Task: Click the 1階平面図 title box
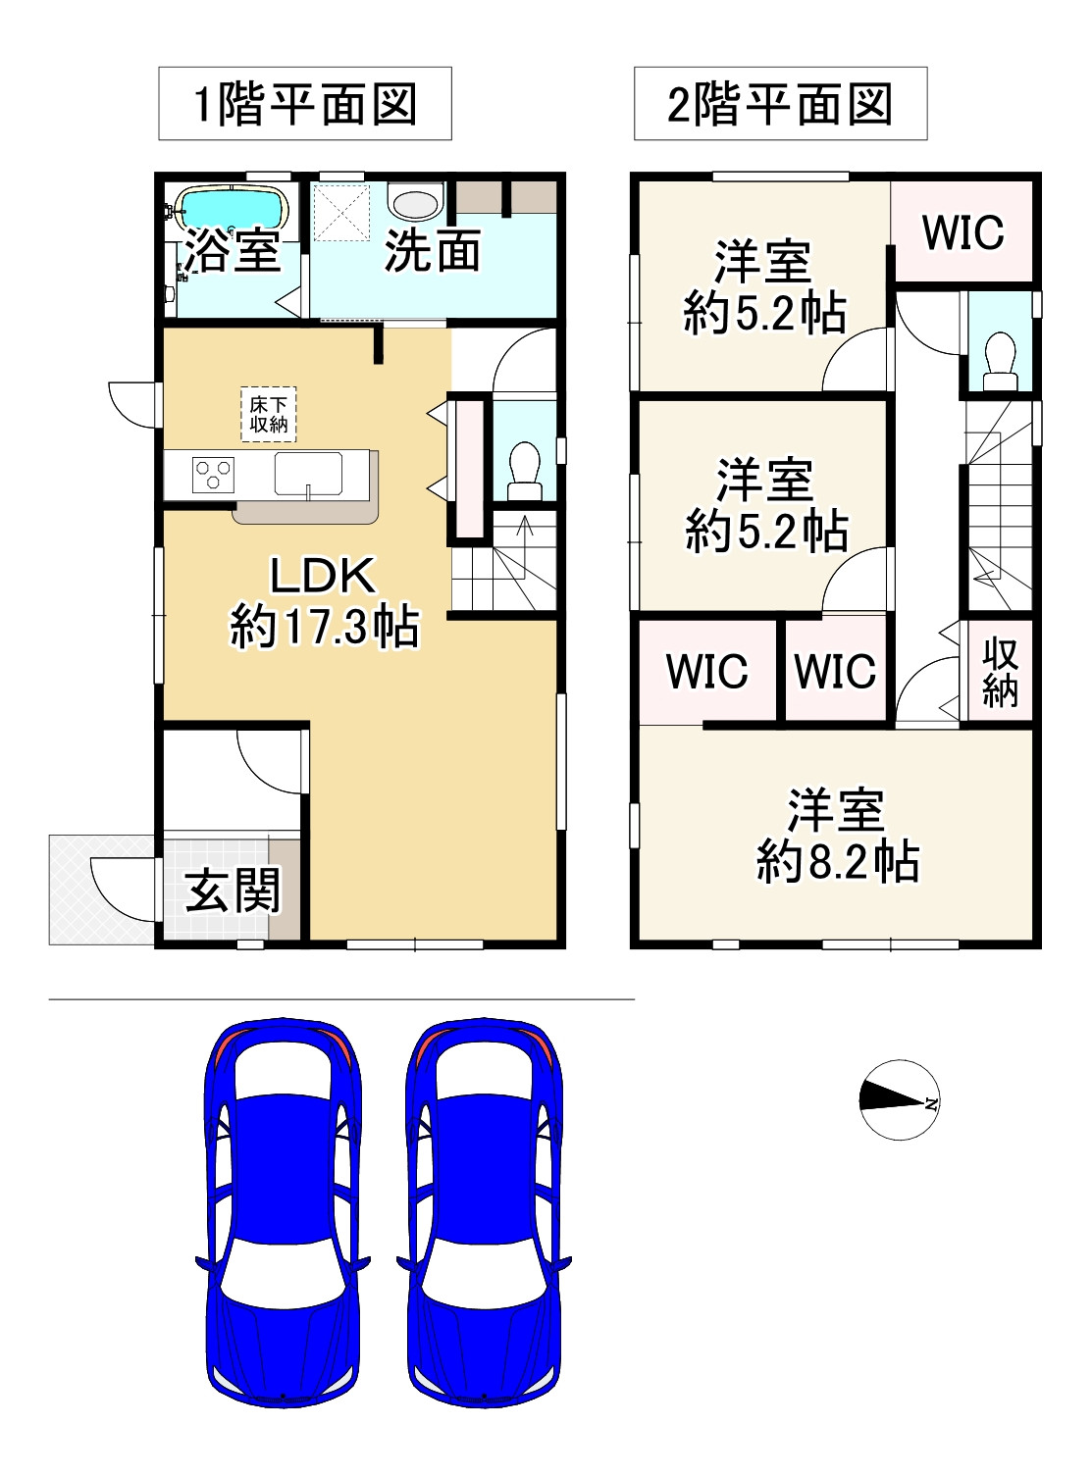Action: tap(305, 103)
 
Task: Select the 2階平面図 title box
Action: tap(780, 103)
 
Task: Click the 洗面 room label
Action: tap(432, 251)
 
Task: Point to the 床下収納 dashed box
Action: tap(268, 414)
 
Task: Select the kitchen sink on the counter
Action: tap(308, 475)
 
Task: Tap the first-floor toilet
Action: tap(525, 471)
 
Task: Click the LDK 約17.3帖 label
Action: tap(324, 601)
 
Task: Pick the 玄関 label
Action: tap(233, 891)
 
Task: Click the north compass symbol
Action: tap(899, 1099)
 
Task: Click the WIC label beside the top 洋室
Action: tap(962, 232)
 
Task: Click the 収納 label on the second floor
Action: tap(1000, 672)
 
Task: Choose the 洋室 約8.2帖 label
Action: tap(838, 836)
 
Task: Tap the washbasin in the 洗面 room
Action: tap(416, 200)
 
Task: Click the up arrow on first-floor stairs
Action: tap(525, 547)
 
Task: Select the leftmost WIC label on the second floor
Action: tap(706, 671)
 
